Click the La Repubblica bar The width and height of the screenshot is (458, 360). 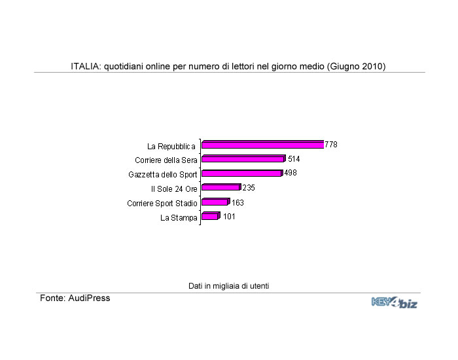(262, 145)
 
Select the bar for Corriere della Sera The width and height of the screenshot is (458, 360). (243, 159)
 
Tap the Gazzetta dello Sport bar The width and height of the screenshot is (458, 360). (241, 173)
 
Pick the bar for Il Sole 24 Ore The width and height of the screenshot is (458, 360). (221, 188)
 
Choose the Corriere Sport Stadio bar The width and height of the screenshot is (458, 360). (215, 202)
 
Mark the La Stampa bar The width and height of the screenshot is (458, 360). (210, 217)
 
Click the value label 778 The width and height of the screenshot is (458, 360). (331, 145)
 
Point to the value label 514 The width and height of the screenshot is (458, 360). (294, 159)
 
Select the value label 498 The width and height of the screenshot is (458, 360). (290, 173)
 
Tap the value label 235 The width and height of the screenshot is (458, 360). (249, 188)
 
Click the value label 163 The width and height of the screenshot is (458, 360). (238, 203)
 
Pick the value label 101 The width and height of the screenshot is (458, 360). (229, 217)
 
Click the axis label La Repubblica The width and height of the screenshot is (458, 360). (171, 146)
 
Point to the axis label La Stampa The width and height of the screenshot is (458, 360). (179, 218)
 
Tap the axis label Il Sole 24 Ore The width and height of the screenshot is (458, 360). (173, 189)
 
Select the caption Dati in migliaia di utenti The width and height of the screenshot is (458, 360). (229, 286)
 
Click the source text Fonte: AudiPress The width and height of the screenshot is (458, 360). (75, 298)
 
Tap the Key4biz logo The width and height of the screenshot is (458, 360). (394, 302)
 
